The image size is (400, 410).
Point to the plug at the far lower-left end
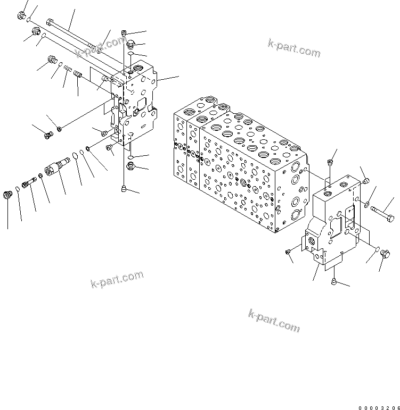click(8, 195)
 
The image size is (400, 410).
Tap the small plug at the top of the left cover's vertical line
click(124, 33)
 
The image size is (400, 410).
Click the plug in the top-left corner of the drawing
click(22, 16)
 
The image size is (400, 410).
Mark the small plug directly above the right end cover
click(330, 163)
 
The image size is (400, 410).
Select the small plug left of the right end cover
click(288, 251)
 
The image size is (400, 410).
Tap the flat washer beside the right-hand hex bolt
click(368, 203)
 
